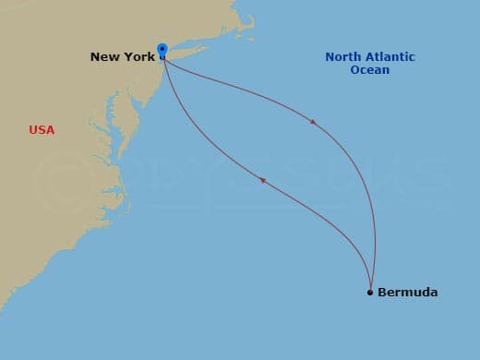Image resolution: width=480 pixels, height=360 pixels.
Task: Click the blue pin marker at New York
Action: point(162,50)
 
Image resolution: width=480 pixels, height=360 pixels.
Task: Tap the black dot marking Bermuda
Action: point(370,293)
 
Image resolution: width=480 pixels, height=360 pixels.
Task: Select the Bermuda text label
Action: point(407,293)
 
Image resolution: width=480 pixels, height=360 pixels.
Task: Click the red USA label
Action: point(42,130)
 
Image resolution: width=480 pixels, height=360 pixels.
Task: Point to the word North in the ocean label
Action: point(343,57)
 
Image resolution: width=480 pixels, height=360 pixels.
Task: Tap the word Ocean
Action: point(369,70)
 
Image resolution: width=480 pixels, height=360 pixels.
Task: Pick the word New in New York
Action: point(104,57)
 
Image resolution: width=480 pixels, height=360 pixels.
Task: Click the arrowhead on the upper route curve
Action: point(314,121)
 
